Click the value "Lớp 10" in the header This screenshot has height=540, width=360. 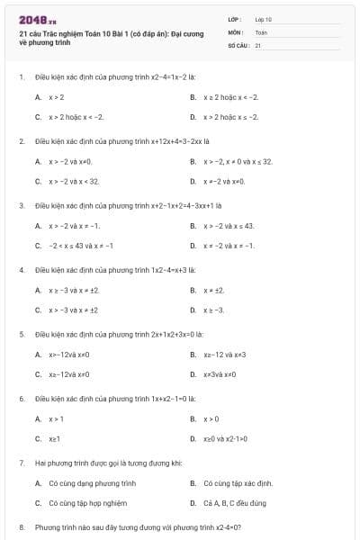pyautogui.click(x=264, y=18)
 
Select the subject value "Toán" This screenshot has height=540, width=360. pyautogui.click(x=262, y=31)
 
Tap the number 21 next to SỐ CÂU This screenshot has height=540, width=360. pyautogui.click(x=258, y=44)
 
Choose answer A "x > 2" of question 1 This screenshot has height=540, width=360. pyautogui.click(x=56, y=96)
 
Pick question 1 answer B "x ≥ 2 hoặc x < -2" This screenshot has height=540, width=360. pyautogui.click(x=230, y=96)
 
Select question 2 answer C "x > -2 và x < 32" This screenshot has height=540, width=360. pyautogui.click(x=74, y=181)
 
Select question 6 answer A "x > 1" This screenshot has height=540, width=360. pyautogui.click(x=56, y=418)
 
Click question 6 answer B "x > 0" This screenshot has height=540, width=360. pyautogui.click(x=211, y=418)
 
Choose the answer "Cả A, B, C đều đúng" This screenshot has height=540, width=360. pyautogui.click(x=235, y=503)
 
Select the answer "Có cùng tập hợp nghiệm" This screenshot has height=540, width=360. pyautogui.click(x=87, y=503)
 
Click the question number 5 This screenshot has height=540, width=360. pyautogui.click(x=21, y=334)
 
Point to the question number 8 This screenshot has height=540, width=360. pyautogui.click(x=21, y=526)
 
